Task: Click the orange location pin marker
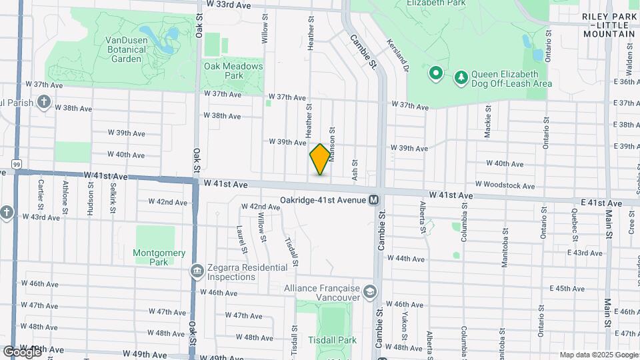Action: tap(320, 159)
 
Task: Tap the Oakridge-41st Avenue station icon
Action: tap(374, 199)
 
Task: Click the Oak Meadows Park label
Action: tap(233, 71)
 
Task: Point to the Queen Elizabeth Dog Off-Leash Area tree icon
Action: tap(461, 78)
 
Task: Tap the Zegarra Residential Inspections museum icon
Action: tap(197, 271)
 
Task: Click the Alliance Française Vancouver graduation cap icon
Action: tap(370, 292)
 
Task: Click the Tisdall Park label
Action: tap(333, 340)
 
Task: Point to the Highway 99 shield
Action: tap(16, 163)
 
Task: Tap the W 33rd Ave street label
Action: tap(229, 5)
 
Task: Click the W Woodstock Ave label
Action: tap(504, 184)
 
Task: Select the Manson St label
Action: tap(331, 140)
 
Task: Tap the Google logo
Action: tap(21, 351)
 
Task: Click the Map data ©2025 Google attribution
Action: tap(597, 355)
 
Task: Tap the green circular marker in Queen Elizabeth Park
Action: tap(436, 73)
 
